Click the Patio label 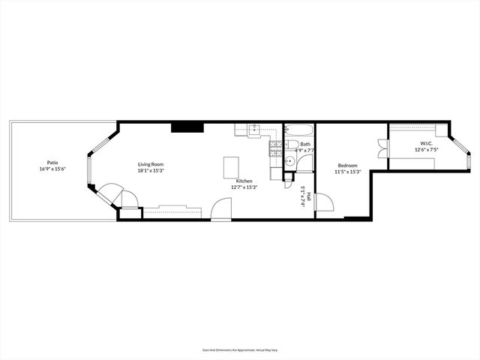(52, 162)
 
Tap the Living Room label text (150, 164)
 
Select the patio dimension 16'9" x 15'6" (52, 169)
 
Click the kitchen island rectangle (232, 166)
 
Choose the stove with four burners (274, 145)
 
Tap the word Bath (305, 144)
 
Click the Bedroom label (347, 165)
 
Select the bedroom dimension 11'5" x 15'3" (347, 172)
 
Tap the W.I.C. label (426, 143)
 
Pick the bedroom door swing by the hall (324, 202)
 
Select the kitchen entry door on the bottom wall (221, 209)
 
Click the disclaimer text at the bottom (239, 349)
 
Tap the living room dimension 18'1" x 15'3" (150, 171)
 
